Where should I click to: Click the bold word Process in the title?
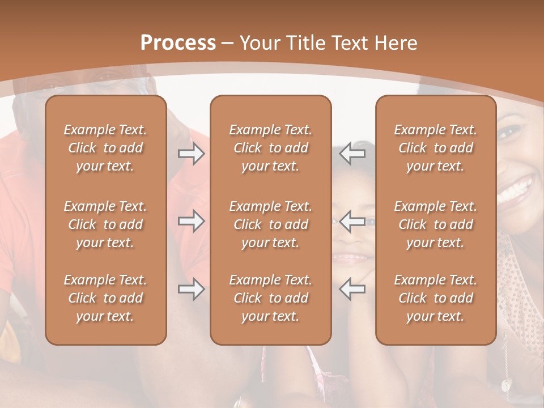[x=178, y=43]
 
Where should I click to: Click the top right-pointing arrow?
[x=191, y=154]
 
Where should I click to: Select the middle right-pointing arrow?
[x=191, y=221]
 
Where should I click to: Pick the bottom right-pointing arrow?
[x=191, y=289]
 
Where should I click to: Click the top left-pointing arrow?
[x=352, y=154]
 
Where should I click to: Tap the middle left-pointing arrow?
[x=352, y=221]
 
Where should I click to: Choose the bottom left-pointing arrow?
[x=352, y=289]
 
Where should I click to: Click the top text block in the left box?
[x=105, y=148]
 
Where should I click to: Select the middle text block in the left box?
[x=105, y=224]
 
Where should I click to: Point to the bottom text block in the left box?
[x=105, y=298]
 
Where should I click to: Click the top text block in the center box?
[x=270, y=148]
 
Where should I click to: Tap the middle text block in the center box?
[x=270, y=224]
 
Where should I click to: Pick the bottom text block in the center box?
[x=270, y=298]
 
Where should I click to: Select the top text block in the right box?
[x=435, y=148]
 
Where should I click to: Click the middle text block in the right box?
[x=435, y=224]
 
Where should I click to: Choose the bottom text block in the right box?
[x=435, y=298]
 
